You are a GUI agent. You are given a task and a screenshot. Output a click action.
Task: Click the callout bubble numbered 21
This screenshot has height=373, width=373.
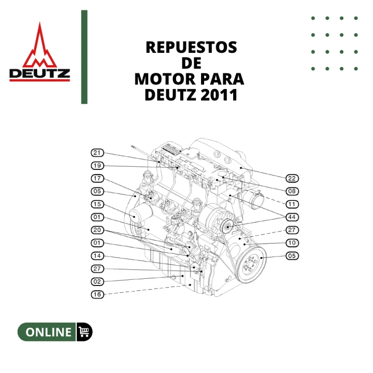click(x=97, y=153)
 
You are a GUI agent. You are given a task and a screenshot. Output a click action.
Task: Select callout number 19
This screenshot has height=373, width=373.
click(x=97, y=166)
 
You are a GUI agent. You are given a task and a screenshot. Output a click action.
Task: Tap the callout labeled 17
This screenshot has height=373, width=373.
click(x=97, y=178)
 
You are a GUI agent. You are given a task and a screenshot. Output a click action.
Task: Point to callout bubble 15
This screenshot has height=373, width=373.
click(x=97, y=204)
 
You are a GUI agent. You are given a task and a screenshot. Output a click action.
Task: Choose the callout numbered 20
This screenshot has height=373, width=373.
click(x=97, y=230)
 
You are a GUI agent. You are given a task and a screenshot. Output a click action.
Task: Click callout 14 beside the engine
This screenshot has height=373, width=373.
click(x=97, y=256)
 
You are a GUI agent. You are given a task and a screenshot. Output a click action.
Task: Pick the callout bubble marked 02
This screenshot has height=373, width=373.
click(x=97, y=282)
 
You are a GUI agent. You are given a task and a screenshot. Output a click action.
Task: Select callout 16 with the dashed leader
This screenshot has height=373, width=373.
click(x=97, y=294)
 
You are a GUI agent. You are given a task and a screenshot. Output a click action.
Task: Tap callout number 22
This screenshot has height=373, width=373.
click(x=292, y=178)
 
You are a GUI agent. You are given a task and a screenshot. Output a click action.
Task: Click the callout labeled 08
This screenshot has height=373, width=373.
click(x=292, y=191)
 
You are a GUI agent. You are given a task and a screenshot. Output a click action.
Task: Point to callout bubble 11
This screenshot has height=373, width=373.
click(x=292, y=204)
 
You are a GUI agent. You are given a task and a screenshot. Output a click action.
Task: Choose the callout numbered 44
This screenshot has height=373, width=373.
click(x=292, y=217)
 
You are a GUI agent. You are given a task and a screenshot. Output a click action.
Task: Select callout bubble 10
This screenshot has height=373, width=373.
click(x=292, y=243)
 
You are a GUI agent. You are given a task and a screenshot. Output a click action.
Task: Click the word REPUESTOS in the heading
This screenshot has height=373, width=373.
click(x=192, y=47)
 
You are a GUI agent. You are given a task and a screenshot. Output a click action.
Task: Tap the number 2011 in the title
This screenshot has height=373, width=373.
click(x=219, y=95)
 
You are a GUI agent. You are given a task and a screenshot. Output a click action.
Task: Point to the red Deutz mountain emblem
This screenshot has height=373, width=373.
click(x=40, y=45)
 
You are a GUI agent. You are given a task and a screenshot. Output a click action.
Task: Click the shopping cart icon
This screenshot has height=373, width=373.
click(x=84, y=332)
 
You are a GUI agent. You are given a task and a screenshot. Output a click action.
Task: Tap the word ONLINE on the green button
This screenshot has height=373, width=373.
click(x=49, y=332)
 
